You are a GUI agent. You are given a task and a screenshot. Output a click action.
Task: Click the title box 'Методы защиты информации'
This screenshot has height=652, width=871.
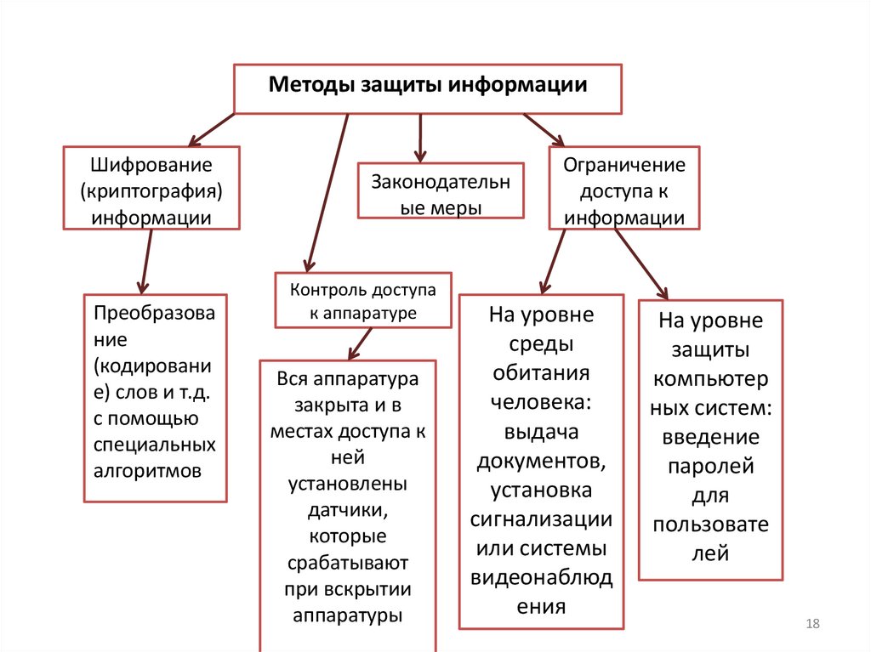[428, 87]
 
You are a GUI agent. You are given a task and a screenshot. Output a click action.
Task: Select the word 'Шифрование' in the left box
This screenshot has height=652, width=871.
[151, 162]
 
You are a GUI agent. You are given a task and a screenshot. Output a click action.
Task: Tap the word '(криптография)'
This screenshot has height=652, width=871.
[151, 189]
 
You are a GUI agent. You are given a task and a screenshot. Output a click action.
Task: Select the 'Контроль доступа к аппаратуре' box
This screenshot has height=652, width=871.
[362, 301]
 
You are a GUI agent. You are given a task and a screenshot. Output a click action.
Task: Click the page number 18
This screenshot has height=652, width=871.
[811, 625]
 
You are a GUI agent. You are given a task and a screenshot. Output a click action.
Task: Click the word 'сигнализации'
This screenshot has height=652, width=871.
[541, 518]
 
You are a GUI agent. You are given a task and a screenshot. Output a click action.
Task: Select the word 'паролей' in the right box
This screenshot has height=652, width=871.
[711, 466]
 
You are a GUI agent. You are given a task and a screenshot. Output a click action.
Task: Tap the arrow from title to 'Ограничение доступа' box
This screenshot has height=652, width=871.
[544, 129]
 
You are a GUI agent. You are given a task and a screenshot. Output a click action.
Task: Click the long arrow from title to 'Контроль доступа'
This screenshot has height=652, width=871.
[327, 191]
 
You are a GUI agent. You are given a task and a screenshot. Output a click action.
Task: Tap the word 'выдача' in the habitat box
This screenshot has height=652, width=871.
[541, 431]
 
